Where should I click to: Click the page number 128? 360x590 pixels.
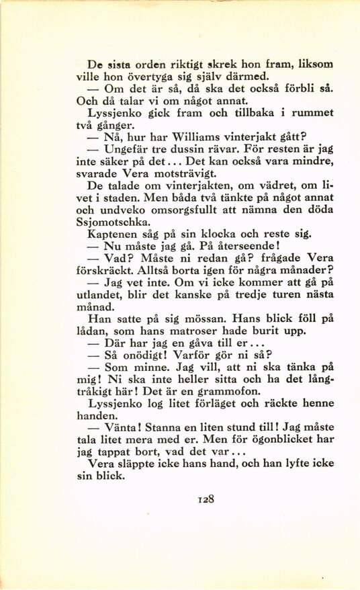206,499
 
